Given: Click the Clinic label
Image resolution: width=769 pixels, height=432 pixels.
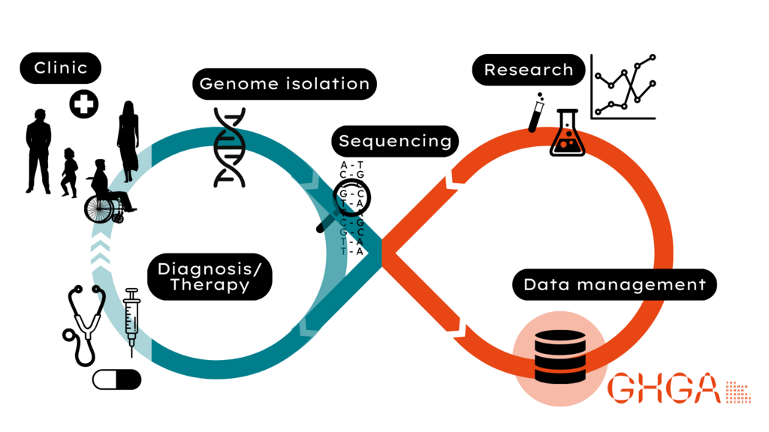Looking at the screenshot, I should click(x=60, y=68).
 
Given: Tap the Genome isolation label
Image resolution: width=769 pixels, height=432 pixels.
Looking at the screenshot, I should click(x=285, y=84).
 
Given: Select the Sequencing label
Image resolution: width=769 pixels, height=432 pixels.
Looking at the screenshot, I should click(x=395, y=141).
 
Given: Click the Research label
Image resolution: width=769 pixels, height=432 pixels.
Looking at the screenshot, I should click(x=528, y=70).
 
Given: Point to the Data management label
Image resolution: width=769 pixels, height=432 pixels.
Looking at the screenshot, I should click(x=614, y=284).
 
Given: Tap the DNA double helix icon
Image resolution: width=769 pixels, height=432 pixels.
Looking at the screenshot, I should click(x=230, y=147).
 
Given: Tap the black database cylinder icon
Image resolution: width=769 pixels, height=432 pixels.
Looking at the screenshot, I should click(x=559, y=356).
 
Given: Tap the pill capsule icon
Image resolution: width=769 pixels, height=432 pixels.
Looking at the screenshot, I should click(x=116, y=379).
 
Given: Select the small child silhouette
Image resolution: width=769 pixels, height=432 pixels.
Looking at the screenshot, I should click(x=69, y=172).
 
